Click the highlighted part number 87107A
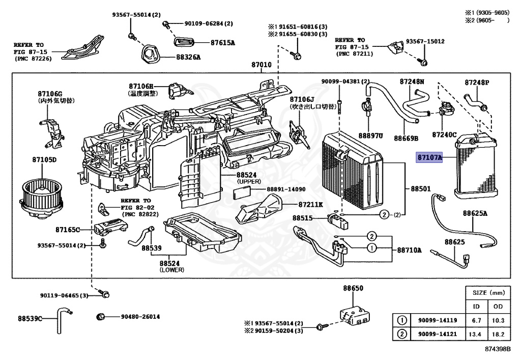coord(429,157)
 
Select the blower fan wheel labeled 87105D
coord(42,199)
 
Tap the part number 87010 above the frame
coord(262,65)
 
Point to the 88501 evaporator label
coord(421,189)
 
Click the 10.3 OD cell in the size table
coord(498,320)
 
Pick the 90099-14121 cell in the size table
coord(438,334)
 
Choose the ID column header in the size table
coord(476,307)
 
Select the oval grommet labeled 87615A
coord(184,43)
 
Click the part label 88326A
coord(188,57)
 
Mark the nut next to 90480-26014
coord(101,316)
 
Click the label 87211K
coord(310,205)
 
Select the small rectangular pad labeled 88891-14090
coord(242,192)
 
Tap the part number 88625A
coord(475,213)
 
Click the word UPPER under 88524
coord(249,182)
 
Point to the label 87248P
coord(477,82)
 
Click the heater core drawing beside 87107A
coord(476,165)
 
